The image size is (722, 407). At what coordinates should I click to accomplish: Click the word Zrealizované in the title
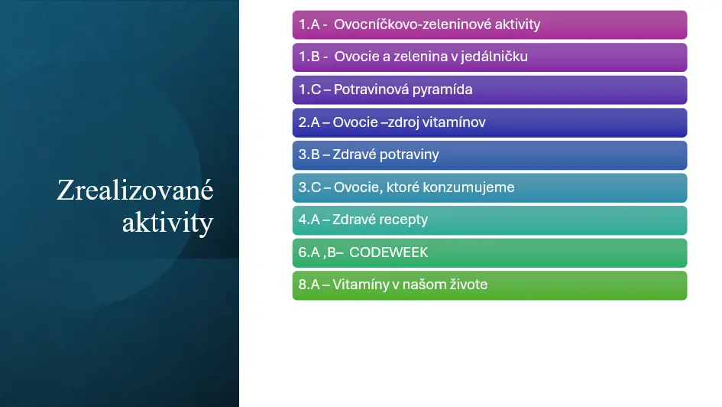pos(135,190)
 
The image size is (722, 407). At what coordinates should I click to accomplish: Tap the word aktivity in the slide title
pos(167,222)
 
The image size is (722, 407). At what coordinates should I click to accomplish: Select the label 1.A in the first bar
pos(309,24)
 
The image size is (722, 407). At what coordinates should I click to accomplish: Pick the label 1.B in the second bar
pos(309,57)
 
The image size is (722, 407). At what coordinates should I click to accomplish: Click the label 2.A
pos(309,122)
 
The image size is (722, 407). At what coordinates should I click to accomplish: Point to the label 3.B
pos(309,155)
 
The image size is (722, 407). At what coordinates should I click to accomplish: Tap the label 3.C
pos(309,187)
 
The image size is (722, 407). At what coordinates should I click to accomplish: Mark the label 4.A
pos(309,220)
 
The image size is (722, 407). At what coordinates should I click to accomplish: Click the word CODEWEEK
pos(389,252)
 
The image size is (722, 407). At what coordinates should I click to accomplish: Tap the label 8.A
pos(309,285)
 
